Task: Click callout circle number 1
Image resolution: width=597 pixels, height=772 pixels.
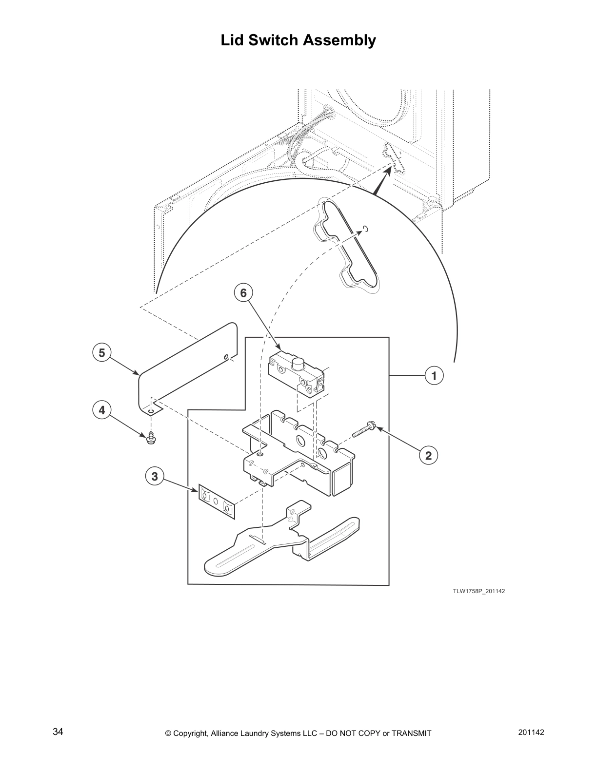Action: coord(434,376)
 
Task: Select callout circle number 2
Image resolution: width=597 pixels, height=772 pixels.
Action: coord(428,456)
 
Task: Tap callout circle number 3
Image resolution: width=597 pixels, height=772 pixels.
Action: coord(155,476)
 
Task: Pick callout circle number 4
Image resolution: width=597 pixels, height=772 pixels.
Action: coord(101,410)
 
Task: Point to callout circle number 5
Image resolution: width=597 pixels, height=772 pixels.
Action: coord(101,352)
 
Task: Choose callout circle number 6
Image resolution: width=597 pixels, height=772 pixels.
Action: coord(243,293)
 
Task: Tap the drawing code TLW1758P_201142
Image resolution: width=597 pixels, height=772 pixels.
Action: coord(478,591)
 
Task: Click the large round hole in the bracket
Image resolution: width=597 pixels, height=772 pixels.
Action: coord(300,441)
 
